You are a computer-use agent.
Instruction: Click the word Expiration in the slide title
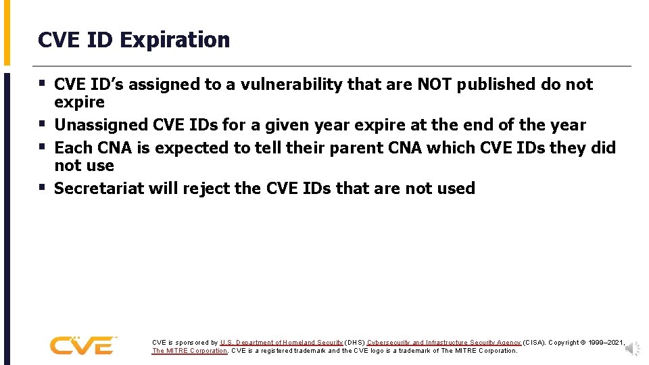tap(175, 40)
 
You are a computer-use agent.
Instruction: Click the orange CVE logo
tap(82, 345)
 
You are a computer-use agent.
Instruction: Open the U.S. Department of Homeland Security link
tap(281, 343)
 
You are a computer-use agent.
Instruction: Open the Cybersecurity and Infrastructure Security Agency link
tap(444, 343)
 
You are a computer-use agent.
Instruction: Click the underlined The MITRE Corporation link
tap(190, 351)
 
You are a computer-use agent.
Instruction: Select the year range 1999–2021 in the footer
tap(606, 343)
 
